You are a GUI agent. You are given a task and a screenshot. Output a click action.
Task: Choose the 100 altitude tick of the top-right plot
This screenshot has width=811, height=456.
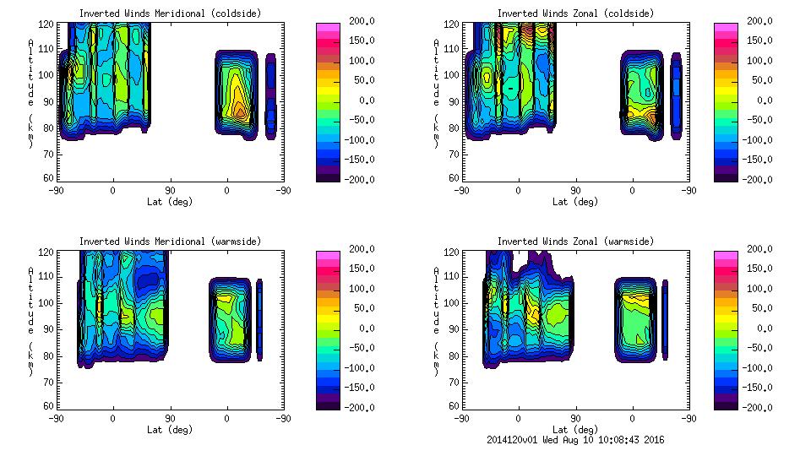pyautogui.click(x=445, y=74)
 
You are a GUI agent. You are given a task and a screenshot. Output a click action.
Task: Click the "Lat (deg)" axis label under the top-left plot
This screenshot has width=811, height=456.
pyautogui.click(x=170, y=202)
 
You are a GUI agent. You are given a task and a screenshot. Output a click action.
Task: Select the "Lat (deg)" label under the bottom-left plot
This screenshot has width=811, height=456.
pyautogui.click(x=170, y=430)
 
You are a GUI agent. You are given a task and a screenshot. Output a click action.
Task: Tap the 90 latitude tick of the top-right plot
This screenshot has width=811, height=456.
pyautogui.click(x=575, y=190)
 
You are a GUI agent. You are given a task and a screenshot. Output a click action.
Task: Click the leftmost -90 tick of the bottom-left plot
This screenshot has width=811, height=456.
pyautogui.click(x=56, y=418)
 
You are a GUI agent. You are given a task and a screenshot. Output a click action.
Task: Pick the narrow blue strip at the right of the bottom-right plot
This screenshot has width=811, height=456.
pyautogui.click(x=665, y=321)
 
